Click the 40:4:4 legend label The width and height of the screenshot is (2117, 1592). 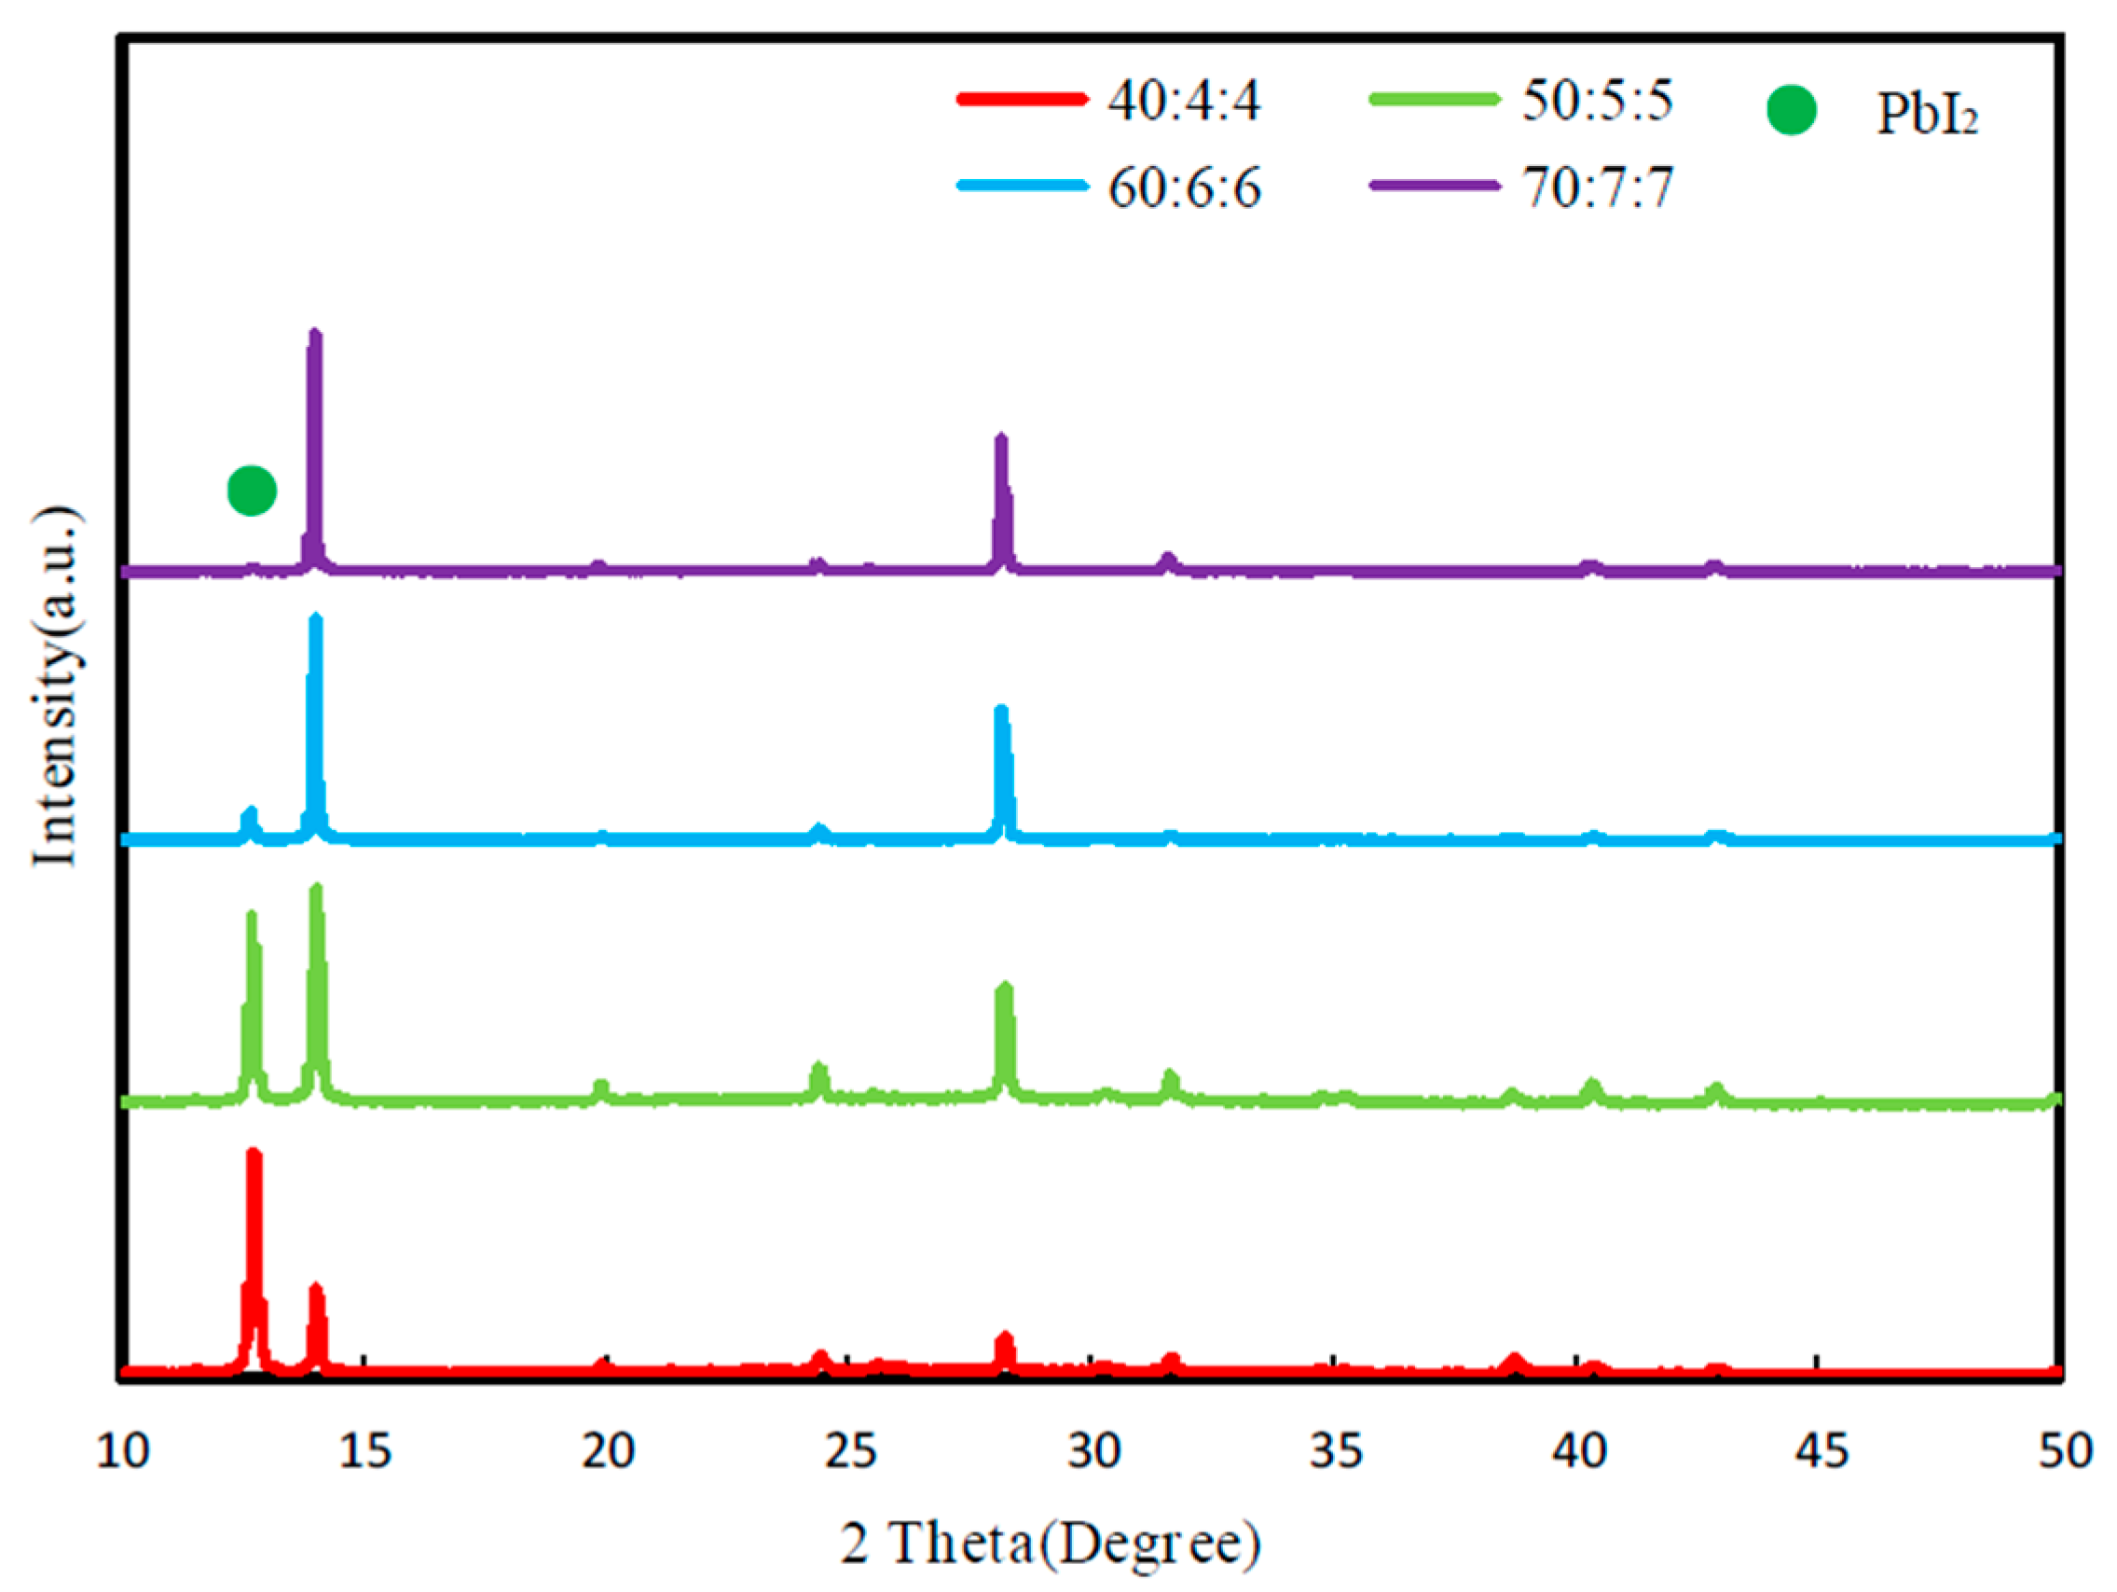click(1184, 100)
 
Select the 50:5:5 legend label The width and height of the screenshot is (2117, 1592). click(1598, 100)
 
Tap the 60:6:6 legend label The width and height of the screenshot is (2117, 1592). click(1184, 187)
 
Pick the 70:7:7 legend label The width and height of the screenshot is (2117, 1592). click(1598, 187)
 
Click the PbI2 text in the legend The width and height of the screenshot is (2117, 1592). click(1927, 114)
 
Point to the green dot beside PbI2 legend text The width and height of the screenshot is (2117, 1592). click(1791, 111)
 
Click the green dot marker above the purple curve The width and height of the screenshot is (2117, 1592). click(252, 491)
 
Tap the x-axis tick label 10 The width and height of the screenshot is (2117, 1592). click(122, 1451)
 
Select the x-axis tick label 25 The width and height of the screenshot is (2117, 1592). click(850, 1451)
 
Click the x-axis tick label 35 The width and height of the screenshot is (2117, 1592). click(1336, 1451)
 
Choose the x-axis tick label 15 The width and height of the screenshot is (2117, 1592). click(365, 1451)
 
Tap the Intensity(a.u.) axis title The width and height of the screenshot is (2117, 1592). click(55, 685)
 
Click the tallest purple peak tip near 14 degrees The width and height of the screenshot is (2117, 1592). click(315, 334)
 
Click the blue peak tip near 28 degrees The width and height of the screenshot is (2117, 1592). click(1001, 711)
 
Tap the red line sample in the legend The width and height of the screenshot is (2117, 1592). click(1022, 99)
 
